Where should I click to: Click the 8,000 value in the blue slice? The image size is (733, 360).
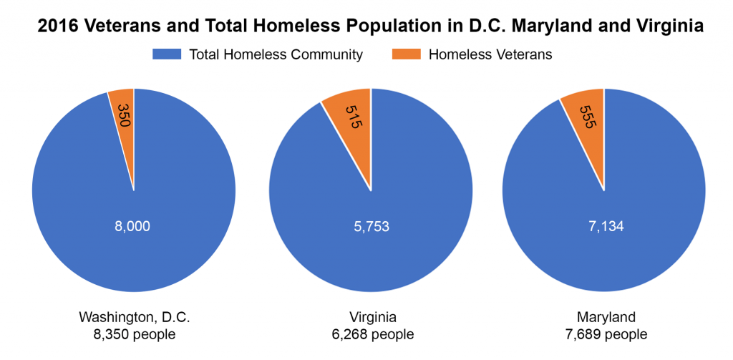coord(133,226)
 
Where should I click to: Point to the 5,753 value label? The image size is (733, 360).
coord(370,226)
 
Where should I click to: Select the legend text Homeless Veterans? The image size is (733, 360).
coord(490,54)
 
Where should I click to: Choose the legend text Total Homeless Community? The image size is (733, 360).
coord(276,54)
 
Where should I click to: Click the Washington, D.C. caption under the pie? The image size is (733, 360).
coord(134,317)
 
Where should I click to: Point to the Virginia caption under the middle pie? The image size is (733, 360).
coord(370,317)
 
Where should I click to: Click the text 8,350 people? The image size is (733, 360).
coord(134,334)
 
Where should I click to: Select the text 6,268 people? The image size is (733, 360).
coord(370,334)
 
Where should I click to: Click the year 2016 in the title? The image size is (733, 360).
coord(56,26)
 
